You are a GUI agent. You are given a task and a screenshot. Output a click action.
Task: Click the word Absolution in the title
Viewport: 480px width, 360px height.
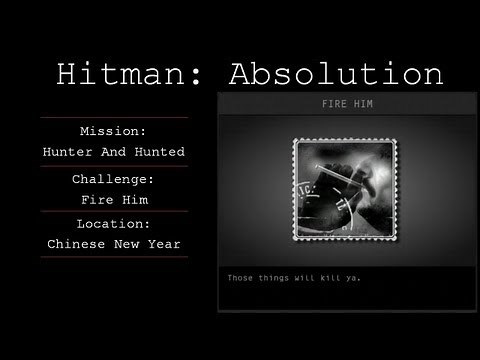[335, 75]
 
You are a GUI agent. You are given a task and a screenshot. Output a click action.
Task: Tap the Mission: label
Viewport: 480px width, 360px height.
[113, 131]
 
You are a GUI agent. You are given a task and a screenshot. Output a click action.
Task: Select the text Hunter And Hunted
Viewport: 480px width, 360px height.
[113, 152]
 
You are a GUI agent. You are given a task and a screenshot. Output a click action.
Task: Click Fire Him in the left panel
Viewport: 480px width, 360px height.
[113, 198]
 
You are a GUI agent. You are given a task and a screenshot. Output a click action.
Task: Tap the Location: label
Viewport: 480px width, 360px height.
[113, 224]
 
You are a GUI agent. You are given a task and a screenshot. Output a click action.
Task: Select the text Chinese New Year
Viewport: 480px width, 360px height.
[113, 244]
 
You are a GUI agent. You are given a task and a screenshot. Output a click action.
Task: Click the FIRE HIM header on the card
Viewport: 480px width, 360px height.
[344, 103]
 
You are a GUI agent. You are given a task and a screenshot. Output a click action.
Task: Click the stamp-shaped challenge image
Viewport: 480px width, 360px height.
[344, 189]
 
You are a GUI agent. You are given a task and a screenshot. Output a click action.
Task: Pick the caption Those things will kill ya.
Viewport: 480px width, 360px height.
[294, 277]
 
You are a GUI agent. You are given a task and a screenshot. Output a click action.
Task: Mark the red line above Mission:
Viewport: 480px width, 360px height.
[113, 118]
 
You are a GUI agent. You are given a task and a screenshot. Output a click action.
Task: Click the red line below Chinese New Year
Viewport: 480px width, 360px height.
[113, 257]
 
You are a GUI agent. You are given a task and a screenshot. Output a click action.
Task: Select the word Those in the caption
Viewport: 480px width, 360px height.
[241, 277]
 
